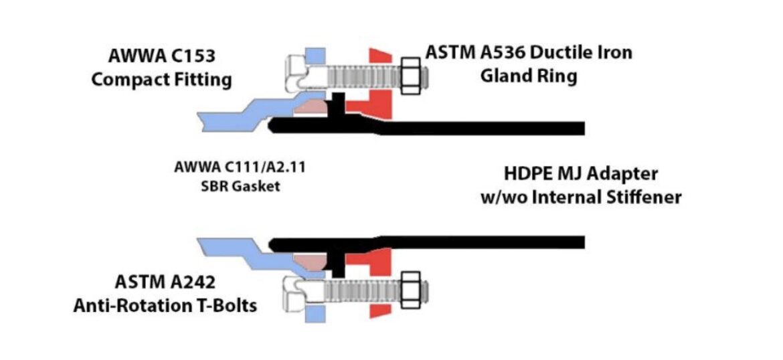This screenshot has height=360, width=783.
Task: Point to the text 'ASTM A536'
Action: click(x=475, y=52)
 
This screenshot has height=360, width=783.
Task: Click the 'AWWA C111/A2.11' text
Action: click(x=240, y=167)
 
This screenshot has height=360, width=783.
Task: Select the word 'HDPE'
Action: click(x=531, y=174)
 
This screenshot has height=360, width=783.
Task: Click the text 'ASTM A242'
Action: click(x=165, y=282)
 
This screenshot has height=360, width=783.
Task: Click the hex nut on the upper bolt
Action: click(x=411, y=76)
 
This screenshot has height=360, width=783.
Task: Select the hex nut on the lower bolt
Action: click(x=411, y=290)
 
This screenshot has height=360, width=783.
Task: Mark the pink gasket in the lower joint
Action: click(x=310, y=261)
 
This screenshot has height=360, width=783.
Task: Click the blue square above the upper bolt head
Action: click(x=315, y=56)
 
